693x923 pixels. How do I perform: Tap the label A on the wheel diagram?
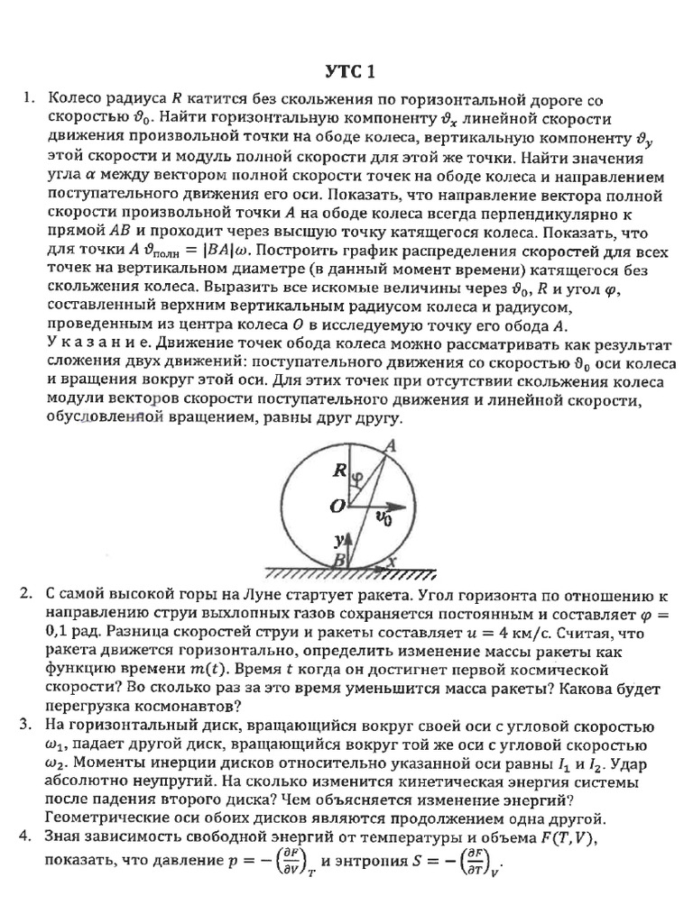(x=390, y=445)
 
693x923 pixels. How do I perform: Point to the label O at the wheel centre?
(x=337, y=507)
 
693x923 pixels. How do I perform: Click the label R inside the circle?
(x=339, y=470)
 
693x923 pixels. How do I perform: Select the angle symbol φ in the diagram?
(x=357, y=477)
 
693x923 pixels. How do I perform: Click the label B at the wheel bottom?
(x=339, y=560)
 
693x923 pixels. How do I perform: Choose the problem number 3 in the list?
(x=27, y=726)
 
